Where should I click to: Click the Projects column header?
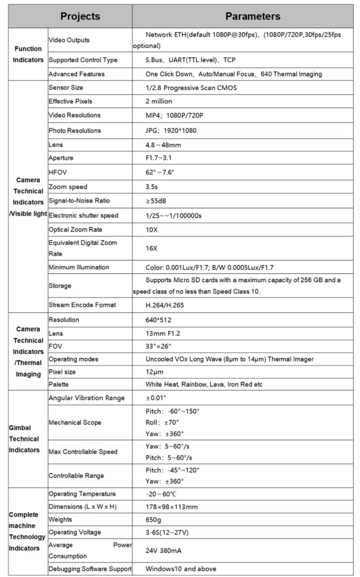point(80,16)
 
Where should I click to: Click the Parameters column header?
point(253,16)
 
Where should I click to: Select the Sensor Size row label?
point(66,88)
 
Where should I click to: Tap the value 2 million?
point(159,101)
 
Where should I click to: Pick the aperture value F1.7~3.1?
point(158,158)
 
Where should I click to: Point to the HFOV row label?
point(58,172)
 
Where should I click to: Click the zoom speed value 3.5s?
point(152,187)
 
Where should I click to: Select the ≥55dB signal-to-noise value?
point(156,201)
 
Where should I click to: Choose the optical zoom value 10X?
point(152,230)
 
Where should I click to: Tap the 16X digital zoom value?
point(152,249)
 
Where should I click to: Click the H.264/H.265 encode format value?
point(165,305)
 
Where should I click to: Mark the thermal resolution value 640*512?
point(158,320)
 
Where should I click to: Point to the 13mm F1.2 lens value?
point(163,334)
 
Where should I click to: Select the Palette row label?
point(59,384)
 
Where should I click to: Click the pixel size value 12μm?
point(154,372)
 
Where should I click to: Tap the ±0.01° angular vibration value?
point(156,398)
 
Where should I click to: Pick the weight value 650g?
point(153,520)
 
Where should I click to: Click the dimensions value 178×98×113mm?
point(171,507)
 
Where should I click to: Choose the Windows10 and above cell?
point(181,569)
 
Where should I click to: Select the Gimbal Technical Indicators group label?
point(24,439)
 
